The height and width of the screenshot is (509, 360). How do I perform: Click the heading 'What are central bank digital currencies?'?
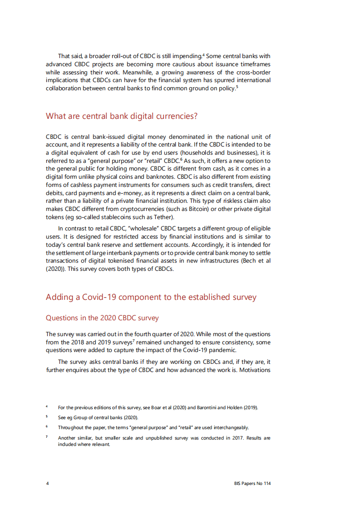122,116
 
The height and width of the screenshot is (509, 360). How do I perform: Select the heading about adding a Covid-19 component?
151,298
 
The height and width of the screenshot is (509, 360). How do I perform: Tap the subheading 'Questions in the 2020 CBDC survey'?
102,318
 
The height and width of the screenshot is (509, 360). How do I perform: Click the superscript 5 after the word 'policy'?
237,86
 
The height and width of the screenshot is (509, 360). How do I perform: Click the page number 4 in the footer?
47,484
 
